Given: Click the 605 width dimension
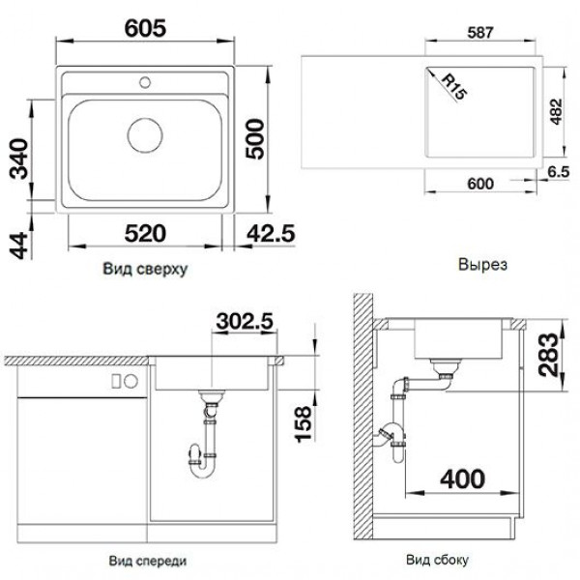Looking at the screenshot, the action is pos(145,28).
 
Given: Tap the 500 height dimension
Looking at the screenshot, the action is pos(255,139).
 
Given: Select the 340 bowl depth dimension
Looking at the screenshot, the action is pos(19,159).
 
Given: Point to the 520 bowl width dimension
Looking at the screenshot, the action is pos(145,233).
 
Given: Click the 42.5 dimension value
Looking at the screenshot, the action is pos(271,234).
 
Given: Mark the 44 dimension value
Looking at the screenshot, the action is pos(19,246).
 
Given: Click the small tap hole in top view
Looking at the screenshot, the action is pos(145,82).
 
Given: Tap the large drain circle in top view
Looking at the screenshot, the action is pos(145,135).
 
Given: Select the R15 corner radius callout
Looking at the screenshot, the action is pos(454,87).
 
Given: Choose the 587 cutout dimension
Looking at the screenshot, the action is pos(480,33).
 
